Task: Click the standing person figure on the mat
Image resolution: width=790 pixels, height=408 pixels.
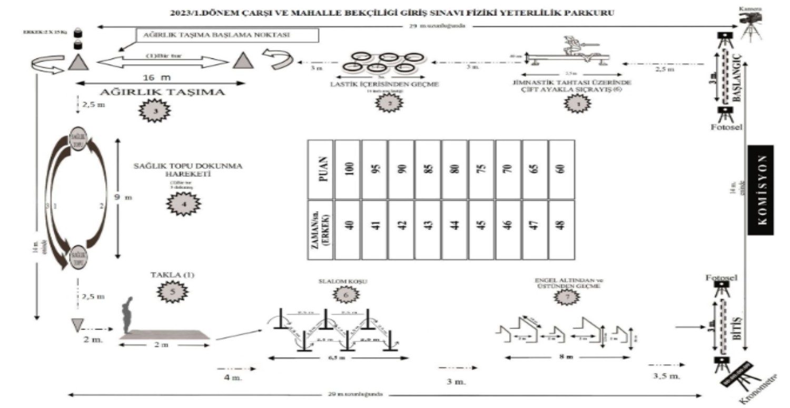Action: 127,316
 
